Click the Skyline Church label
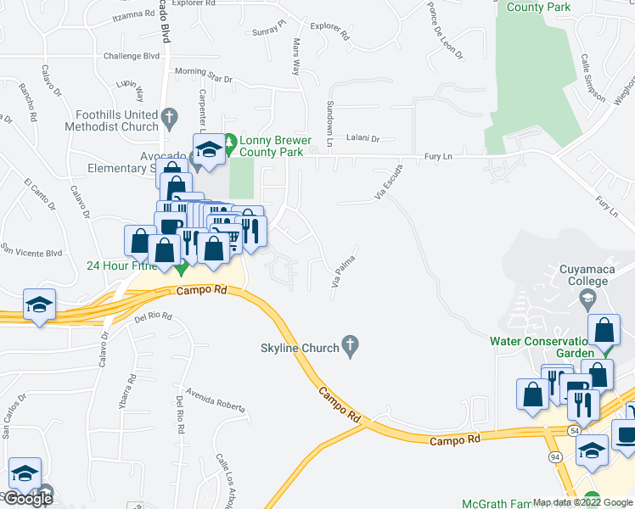coord(299,348)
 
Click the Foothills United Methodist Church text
coord(116,120)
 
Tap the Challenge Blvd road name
coord(132,56)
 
